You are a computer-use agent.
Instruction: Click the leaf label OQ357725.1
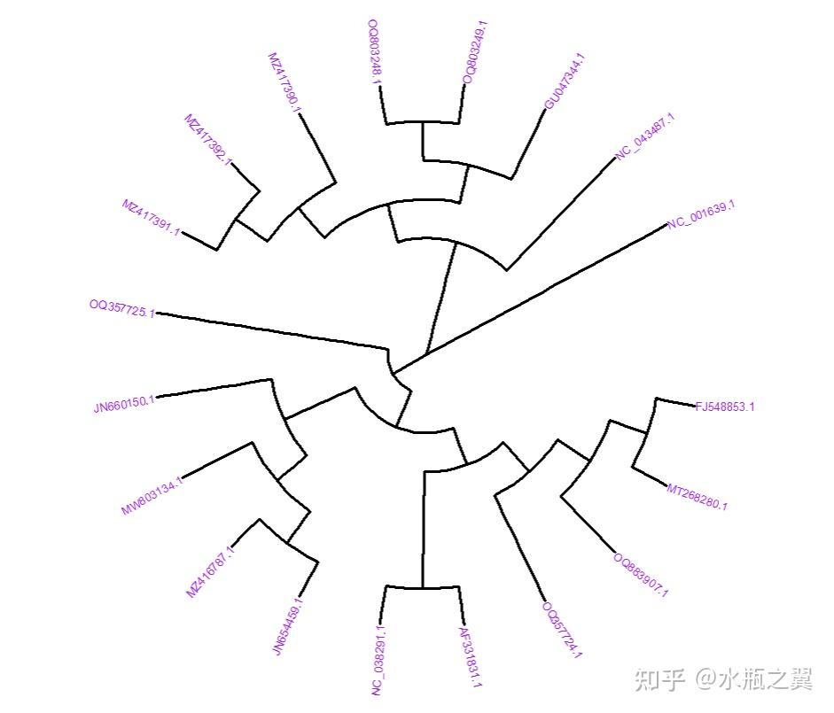coord(122,308)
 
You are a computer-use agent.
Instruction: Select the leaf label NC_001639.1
coord(702,214)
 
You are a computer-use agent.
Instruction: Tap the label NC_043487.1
coord(644,136)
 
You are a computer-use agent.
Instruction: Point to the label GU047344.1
coord(565,81)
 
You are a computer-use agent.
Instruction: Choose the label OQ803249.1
coord(476,52)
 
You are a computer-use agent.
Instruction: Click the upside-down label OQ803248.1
coord(374,52)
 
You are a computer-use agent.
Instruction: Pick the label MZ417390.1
coord(284,82)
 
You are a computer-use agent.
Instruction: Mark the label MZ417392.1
coord(208,140)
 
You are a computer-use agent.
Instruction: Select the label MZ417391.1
coord(151,217)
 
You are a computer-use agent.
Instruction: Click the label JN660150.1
coord(124,404)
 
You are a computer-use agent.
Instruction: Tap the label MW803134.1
coord(152,495)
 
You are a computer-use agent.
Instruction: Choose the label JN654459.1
coord(288,626)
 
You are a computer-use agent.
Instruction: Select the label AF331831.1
coord(471,657)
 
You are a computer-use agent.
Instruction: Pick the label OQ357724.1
coord(562,630)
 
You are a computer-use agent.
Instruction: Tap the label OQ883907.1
coord(641,575)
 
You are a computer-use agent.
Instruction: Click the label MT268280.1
coord(698,497)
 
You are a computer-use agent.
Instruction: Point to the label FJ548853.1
coord(725,407)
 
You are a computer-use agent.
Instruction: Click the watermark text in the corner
coord(723,679)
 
